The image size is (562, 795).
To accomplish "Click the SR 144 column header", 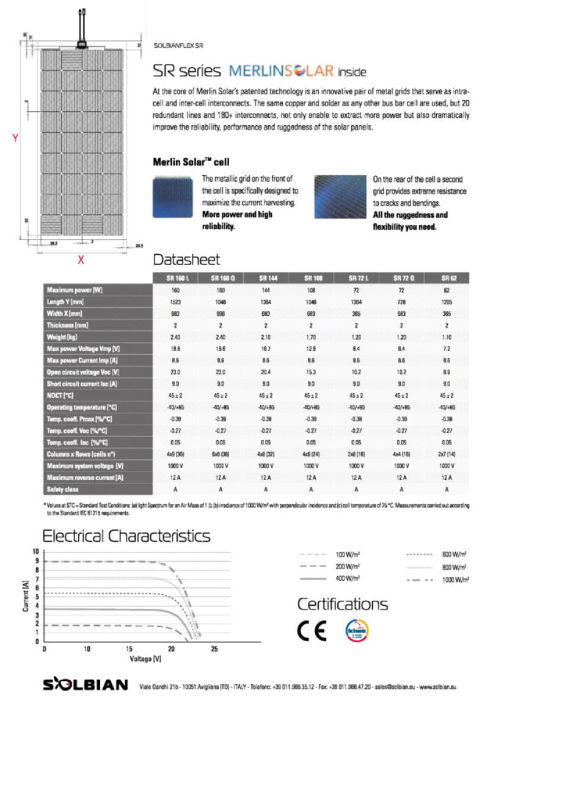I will (x=266, y=278).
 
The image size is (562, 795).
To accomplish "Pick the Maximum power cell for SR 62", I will (x=447, y=290).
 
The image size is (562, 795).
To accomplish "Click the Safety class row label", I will (x=62, y=489).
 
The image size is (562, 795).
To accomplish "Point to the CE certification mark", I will (x=313, y=631).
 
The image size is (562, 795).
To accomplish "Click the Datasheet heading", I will (x=186, y=260).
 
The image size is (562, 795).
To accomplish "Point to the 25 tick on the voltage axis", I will (x=214, y=649).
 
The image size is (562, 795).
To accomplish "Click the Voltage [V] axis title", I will (x=145, y=659).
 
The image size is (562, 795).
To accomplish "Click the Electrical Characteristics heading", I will (x=126, y=537).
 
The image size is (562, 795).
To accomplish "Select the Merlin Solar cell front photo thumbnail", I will (x=173, y=197).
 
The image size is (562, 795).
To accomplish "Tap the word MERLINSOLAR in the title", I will (x=282, y=71).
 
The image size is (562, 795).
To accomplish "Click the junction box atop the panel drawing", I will (x=81, y=43).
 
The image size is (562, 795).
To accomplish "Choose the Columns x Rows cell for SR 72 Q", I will (x=401, y=454).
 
